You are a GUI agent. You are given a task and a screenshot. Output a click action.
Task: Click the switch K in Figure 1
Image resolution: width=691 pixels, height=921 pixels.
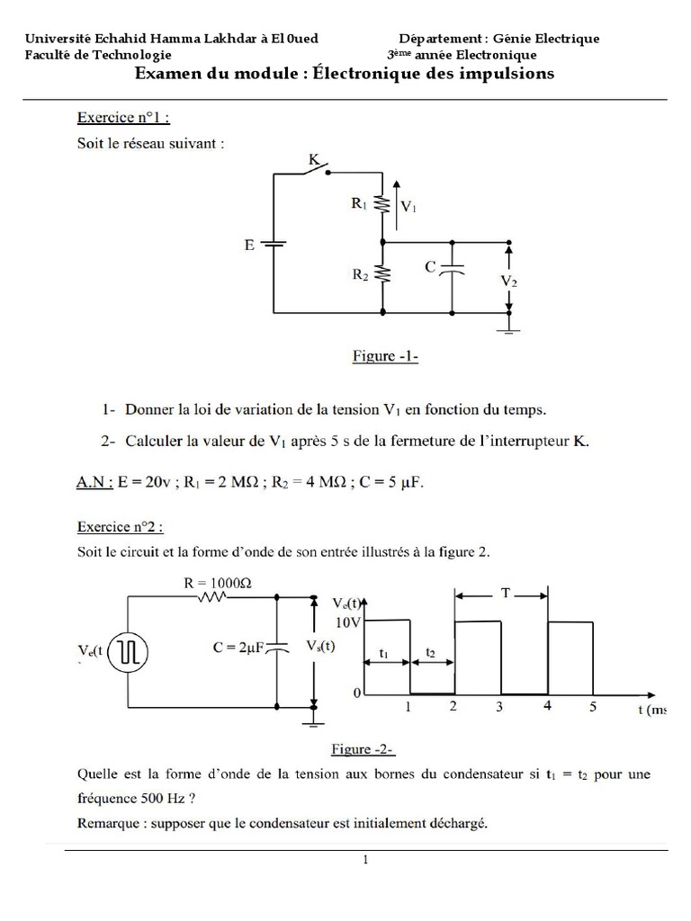click(x=316, y=169)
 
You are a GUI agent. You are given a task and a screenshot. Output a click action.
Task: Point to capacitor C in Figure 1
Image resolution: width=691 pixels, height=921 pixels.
click(x=454, y=268)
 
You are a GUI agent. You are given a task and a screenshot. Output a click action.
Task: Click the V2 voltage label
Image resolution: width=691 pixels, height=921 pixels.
click(x=508, y=282)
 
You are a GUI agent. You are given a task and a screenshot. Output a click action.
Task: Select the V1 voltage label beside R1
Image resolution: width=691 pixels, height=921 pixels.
click(x=408, y=207)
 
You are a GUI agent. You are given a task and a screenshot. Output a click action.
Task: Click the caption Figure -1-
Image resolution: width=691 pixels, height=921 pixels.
click(x=384, y=357)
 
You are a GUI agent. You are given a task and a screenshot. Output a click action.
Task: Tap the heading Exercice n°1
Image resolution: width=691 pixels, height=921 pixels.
click(x=123, y=117)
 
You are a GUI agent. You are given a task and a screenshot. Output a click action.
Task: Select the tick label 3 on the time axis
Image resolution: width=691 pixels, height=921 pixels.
click(x=499, y=707)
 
